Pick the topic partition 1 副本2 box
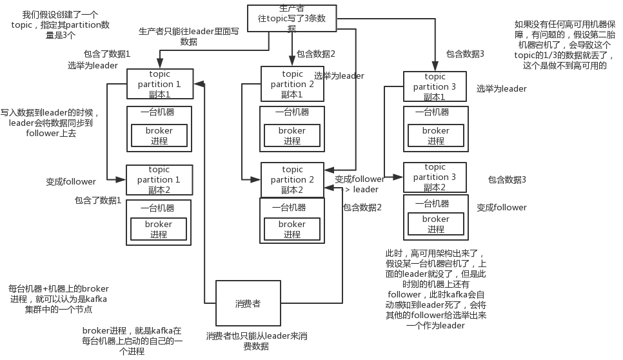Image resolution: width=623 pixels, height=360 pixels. tap(159, 179)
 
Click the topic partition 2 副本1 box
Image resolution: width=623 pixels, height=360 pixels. tap(292, 84)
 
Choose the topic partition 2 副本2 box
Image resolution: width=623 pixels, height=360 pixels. tap(292, 179)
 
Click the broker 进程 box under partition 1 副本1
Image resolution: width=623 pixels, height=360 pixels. tap(158, 135)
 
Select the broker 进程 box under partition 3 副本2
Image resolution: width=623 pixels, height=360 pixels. tap(435, 224)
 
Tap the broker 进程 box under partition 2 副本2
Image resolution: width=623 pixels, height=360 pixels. tap(292, 229)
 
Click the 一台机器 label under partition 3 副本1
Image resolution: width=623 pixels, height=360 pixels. tap(432, 112)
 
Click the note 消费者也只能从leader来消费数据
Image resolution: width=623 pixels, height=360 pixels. tap(256, 341)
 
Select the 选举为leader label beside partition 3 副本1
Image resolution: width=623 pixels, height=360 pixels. tap(501, 89)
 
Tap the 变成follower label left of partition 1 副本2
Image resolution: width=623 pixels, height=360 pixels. tap(71, 182)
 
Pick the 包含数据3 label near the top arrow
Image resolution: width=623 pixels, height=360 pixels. tap(464, 54)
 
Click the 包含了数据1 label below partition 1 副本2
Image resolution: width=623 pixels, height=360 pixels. tap(98, 201)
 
